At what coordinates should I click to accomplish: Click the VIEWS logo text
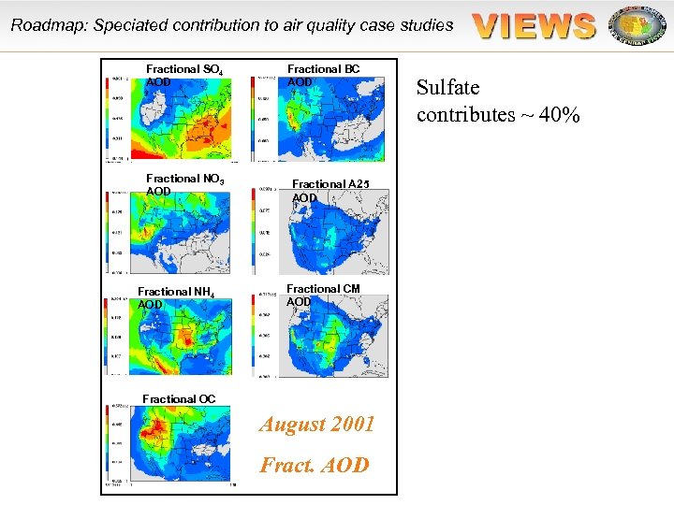535,25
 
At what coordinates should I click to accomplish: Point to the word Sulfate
448,88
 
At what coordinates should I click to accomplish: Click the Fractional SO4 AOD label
184,75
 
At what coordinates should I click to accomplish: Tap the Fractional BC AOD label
323,75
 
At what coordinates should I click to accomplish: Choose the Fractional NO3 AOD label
184,184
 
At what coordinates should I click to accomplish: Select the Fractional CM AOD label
323,295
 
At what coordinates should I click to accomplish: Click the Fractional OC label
179,399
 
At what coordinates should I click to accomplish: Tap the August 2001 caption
317,425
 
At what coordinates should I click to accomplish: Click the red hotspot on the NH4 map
188,340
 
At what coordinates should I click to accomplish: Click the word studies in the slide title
427,25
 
